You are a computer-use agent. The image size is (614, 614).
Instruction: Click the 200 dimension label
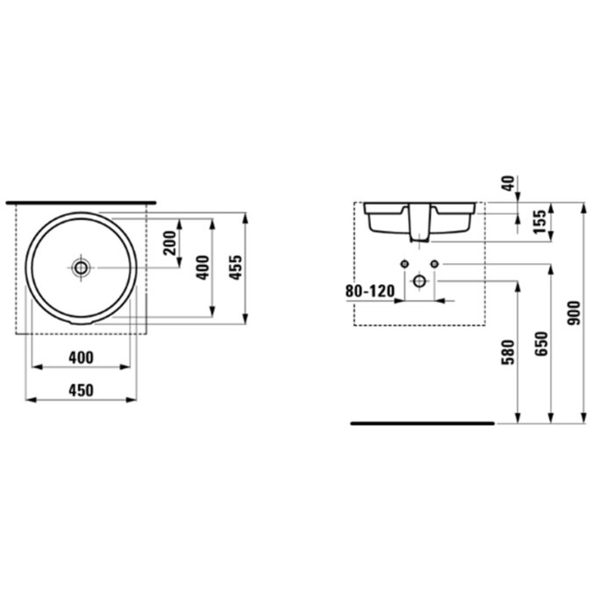point(170,243)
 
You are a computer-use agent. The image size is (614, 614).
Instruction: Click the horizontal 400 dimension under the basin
point(81,357)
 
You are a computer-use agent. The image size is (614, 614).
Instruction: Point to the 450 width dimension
point(81,390)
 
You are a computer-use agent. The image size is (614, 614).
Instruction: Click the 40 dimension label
point(509,183)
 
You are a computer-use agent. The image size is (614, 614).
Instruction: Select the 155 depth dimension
point(540,221)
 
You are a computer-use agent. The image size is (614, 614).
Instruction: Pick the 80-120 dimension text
point(370,291)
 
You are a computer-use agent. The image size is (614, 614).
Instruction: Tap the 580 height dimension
point(508,352)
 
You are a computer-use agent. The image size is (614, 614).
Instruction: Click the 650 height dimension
point(541,343)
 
